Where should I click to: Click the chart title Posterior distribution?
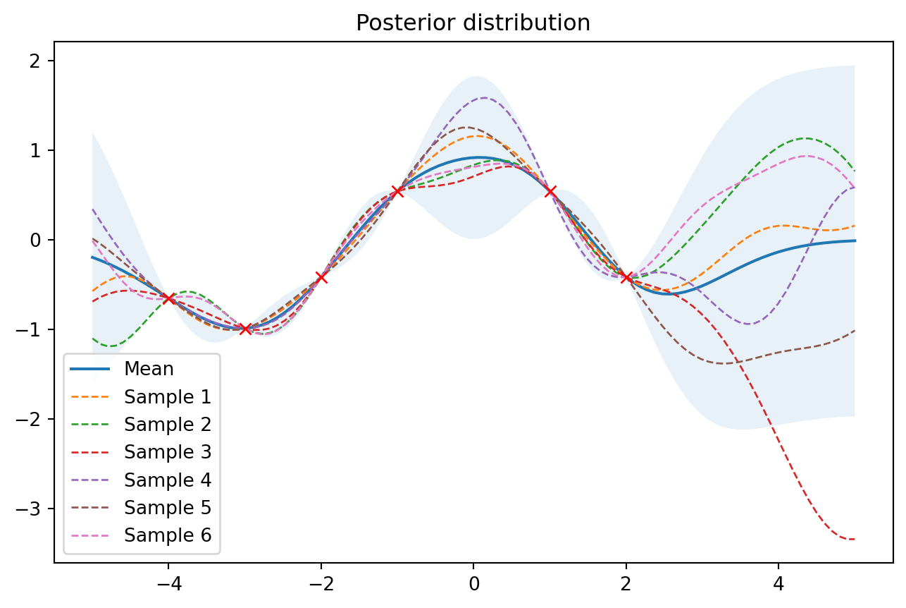(473, 23)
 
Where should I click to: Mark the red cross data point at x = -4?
(169, 298)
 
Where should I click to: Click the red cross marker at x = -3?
(245, 329)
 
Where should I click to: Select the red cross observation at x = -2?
(321, 277)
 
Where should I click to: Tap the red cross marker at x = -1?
(397, 191)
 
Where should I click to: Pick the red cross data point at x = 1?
(550, 191)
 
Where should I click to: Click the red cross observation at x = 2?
(626, 277)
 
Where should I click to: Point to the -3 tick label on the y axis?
(36, 509)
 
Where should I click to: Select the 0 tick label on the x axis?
(473, 583)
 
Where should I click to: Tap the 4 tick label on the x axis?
(778, 583)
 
